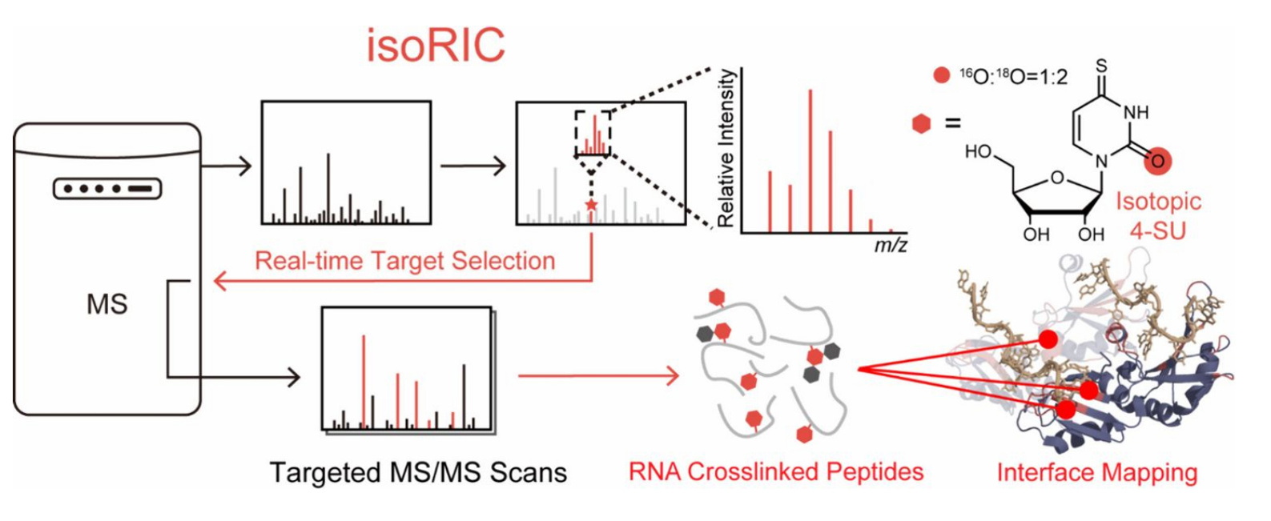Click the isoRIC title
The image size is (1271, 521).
coord(436,45)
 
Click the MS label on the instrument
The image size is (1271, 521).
coord(107,305)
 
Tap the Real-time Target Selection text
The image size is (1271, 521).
coord(404,261)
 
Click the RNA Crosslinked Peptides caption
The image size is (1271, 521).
coord(775,471)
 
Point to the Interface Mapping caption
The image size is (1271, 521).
coord(1096,472)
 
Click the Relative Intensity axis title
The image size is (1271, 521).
coord(726,148)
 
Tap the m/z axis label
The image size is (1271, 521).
coord(890,245)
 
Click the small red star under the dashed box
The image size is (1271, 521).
coord(591,206)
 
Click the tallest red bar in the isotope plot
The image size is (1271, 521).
coord(810,160)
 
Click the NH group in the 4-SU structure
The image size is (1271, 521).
coord(1135,113)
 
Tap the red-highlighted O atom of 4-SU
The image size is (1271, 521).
coord(1156,161)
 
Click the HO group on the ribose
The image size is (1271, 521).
coord(979,151)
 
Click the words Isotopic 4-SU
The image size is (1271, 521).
coord(1158,212)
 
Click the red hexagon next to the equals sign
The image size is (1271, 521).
coord(922,124)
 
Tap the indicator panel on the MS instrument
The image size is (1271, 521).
coord(107,189)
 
